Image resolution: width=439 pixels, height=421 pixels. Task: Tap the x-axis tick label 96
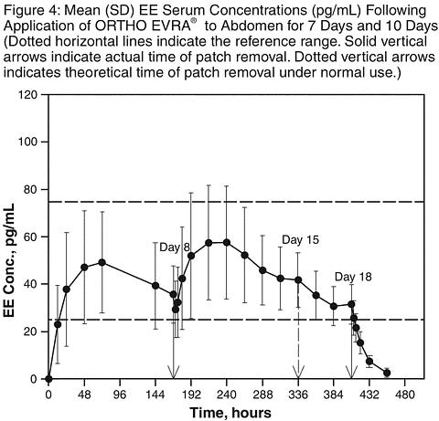(x=120, y=395)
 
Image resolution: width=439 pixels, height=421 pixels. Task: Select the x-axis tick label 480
(x=404, y=395)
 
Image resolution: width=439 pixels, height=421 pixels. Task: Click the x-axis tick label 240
(x=227, y=395)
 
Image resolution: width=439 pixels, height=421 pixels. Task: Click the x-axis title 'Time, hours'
(x=230, y=413)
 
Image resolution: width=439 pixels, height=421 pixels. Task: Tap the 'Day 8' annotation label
(x=175, y=247)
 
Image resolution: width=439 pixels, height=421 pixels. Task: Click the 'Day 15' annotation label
(x=301, y=240)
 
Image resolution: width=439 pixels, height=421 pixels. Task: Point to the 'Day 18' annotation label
(x=353, y=277)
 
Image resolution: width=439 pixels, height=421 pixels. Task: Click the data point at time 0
(x=48, y=379)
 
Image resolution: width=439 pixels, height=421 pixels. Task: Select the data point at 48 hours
(x=84, y=268)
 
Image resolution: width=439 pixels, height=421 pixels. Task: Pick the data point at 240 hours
(x=227, y=242)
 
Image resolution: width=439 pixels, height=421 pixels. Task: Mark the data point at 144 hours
(x=155, y=286)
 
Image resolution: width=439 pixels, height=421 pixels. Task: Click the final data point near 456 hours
(x=387, y=373)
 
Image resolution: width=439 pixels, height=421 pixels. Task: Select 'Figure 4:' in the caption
(x=32, y=11)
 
